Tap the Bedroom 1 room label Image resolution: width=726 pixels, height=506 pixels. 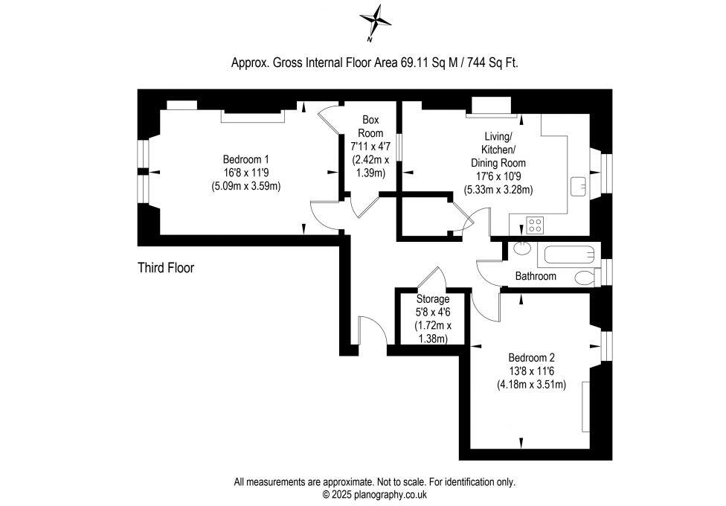click(245, 159)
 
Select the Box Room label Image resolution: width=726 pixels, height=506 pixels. click(370, 126)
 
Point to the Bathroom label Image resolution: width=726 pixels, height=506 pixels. click(536, 276)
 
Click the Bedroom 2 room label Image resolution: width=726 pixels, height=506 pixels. click(531, 356)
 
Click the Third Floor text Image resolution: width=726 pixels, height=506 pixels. click(166, 268)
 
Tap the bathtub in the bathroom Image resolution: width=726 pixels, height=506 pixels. click(569, 255)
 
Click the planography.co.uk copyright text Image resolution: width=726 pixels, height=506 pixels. click(374, 494)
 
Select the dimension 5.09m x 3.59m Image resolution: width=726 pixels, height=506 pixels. click(245, 186)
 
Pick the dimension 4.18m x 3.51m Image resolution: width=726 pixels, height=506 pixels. click(531, 385)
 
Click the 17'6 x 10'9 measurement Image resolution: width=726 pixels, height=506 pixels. click(498, 176)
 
